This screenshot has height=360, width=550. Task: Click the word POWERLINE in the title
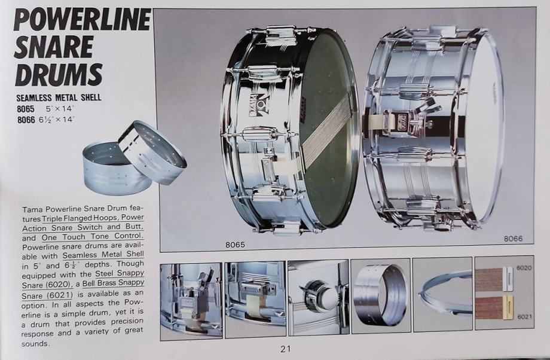coord(82,20)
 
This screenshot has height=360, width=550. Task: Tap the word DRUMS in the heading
coord(59,74)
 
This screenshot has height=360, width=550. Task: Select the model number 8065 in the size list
coord(26,109)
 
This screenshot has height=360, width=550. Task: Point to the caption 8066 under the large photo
coord(513,239)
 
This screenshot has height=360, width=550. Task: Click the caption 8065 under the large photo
coord(235,245)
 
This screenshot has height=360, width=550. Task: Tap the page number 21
coord(286,349)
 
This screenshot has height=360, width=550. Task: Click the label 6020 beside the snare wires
coord(524,268)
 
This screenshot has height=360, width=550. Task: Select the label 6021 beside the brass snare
coord(524,317)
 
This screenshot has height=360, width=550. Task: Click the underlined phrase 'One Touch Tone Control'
coord(92,236)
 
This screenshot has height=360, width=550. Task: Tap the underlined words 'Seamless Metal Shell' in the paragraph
coord(103,254)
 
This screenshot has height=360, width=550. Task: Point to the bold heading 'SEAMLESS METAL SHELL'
coord(59,97)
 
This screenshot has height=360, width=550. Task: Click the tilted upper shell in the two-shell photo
coord(152,151)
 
